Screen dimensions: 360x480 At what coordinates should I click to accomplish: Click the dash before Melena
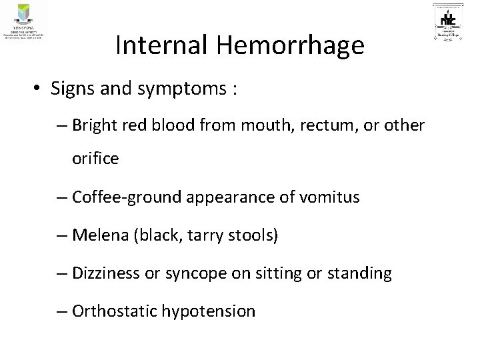(63, 235)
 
